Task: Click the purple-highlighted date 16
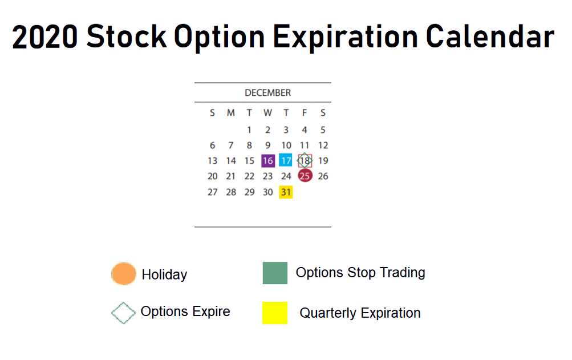268,161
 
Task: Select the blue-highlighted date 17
286,160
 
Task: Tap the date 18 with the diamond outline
304,160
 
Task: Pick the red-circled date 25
305,176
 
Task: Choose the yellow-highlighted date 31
286,192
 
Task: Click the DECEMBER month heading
268,93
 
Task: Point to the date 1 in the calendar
249,130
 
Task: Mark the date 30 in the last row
268,192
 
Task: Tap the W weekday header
268,113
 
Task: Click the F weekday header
304,113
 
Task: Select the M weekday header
230,113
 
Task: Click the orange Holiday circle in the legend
124,273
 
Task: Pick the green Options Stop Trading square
275,273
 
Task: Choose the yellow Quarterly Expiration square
275,313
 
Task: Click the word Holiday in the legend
164,274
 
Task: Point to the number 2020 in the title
45,37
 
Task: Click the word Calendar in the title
490,37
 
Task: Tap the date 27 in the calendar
212,192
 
